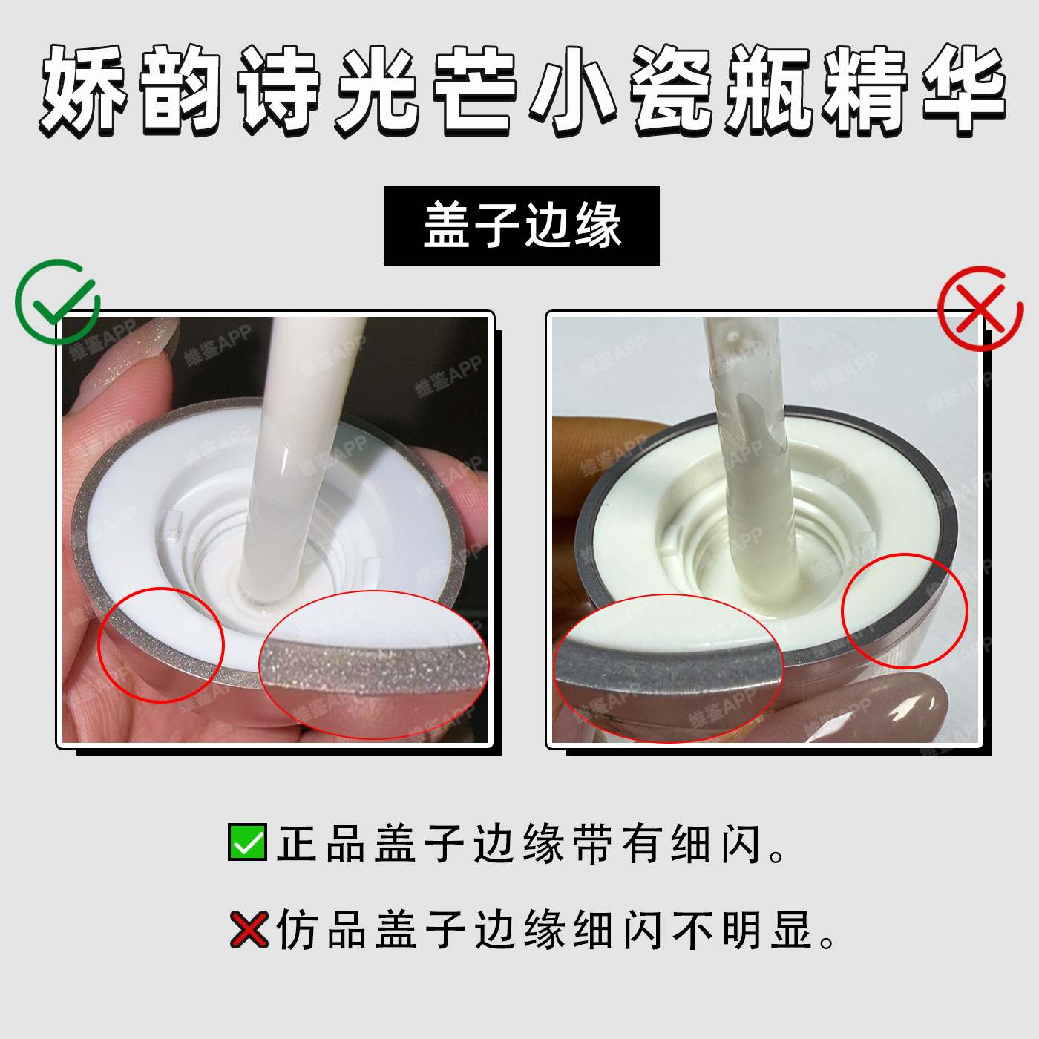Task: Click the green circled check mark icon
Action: pyautogui.click(x=57, y=302)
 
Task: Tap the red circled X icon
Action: pyautogui.click(x=980, y=309)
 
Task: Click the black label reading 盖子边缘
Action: pyautogui.click(x=522, y=226)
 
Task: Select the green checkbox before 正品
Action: pyautogui.click(x=247, y=842)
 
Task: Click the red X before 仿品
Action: pyautogui.click(x=249, y=929)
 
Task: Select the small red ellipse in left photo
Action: pyautogui.click(x=161, y=646)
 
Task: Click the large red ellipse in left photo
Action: pyautogui.click(x=373, y=664)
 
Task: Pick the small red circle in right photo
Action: pyautogui.click(x=905, y=611)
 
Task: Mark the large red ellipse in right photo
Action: pyautogui.click(x=668, y=669)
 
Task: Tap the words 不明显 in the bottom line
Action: pyautogui.click(x=742, y=930)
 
